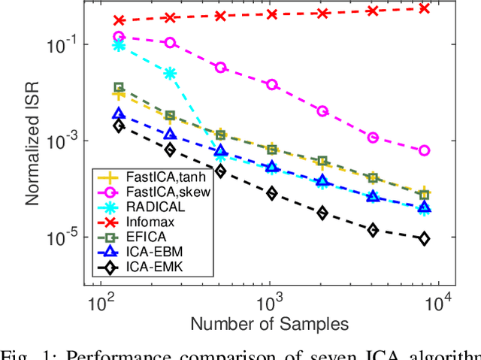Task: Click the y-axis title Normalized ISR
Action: coord(32,144)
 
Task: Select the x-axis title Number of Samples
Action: coord(269,323)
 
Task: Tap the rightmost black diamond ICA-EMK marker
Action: coord(424,238)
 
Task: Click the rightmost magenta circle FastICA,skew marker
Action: coord(424,150)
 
